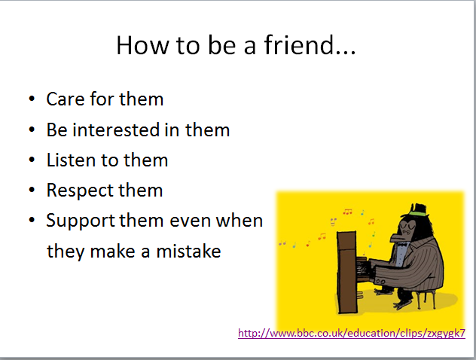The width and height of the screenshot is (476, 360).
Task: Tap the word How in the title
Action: coord(142,45)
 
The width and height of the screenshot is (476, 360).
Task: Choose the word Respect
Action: coord(80,191)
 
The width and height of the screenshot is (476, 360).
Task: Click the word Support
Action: coord(81,221)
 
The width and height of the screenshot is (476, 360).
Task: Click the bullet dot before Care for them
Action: coord(32,99)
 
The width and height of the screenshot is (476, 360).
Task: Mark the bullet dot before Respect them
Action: coord(32,190)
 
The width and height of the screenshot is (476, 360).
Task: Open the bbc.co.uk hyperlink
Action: coord(352,333)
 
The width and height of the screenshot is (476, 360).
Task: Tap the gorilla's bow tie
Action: coord(402,244)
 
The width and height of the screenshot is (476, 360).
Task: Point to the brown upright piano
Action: coord(348,273)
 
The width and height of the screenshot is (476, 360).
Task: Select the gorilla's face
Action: coord(404,230)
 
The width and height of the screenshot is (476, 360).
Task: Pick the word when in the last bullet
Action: coord(240,221)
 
